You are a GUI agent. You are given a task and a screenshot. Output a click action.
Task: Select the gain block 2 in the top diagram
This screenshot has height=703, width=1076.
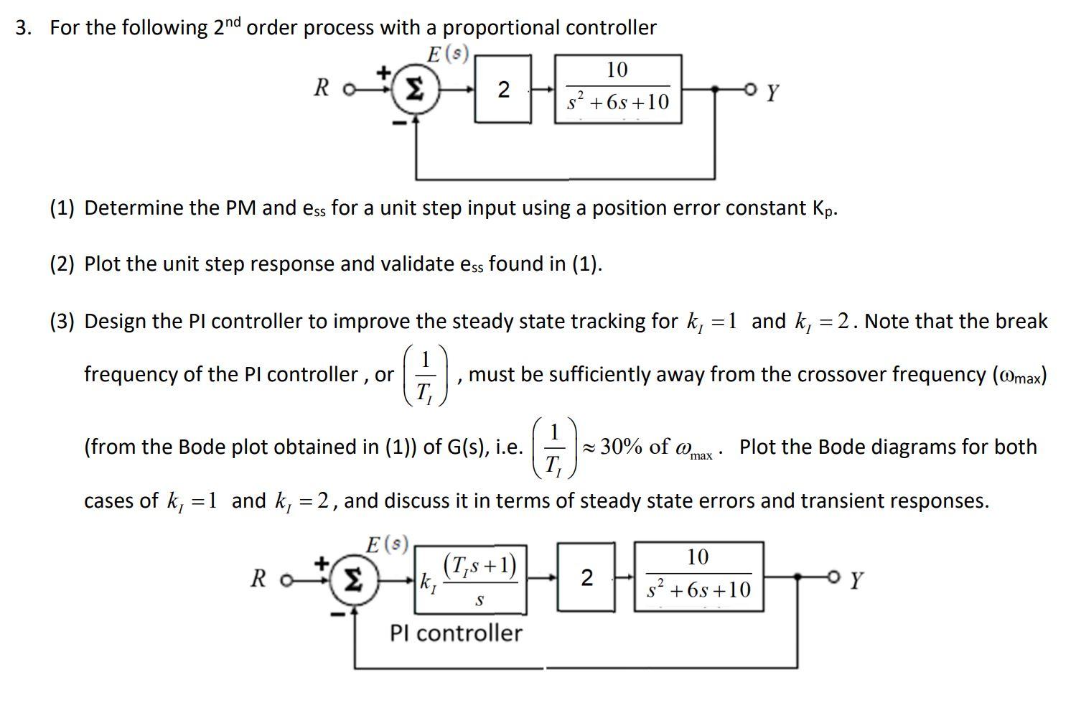click(x=503, y=90)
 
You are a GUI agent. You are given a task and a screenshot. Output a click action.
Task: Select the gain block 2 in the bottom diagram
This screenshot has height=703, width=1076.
click(x=586, y=578)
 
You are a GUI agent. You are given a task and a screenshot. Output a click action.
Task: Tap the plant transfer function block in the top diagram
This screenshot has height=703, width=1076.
click(x=617, y=89)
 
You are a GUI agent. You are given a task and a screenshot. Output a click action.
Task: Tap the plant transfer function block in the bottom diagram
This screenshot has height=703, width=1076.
click(x=698, y=577)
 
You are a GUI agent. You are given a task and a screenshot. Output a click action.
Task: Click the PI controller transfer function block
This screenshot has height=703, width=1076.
click(x=470, y=579)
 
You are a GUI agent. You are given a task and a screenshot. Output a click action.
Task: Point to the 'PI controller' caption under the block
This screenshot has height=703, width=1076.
click(x=456, y=633)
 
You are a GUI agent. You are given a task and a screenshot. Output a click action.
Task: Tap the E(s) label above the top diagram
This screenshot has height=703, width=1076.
click(x=448, y=54)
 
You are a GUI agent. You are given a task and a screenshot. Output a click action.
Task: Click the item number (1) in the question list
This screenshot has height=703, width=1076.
click(x=62, y=208)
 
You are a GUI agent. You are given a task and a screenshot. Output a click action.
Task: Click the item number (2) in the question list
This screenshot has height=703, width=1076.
click(x=62, y=264)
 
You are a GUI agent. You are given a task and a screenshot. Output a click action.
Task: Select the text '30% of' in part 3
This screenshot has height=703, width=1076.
click(x=635, y=447)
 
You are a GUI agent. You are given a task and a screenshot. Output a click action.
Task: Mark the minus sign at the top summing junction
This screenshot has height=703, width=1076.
click(x=397, y=123)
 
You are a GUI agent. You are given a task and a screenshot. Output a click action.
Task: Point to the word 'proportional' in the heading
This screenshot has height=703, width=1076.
click(x=501, y=28)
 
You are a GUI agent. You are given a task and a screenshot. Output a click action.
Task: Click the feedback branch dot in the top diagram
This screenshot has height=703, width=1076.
click(x=714, y=89)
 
